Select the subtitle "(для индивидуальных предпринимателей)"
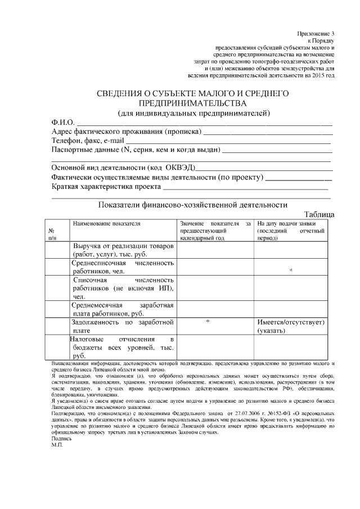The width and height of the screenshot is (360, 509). click(194, 112)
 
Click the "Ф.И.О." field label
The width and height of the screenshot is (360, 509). click(63, 123)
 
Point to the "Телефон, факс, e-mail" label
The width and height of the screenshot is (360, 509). click(87, 141)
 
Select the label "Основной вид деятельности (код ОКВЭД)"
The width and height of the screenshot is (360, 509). click(123, 168)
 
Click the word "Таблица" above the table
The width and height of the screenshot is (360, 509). click(319, 214)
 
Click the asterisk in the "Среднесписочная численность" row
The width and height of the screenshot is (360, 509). click(291, 271)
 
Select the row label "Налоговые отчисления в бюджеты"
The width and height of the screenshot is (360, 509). click(121, 348)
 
